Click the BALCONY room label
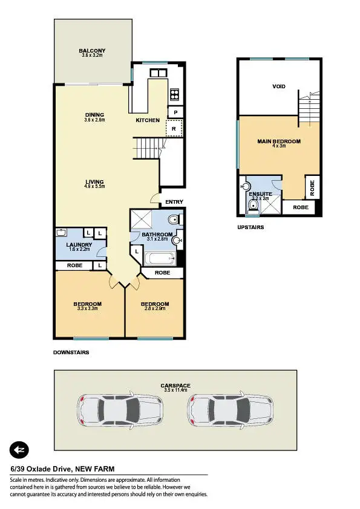pos(93,51)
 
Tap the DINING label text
pos(94,115)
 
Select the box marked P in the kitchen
pos(175,112)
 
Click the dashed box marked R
pos(174,128)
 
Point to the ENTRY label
pos(174,203)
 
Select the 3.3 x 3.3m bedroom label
pos(87,304)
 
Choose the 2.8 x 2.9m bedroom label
pos(154,304)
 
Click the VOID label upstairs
pos(279,86)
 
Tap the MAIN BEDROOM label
pos(279,141)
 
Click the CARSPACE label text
pos(176,385)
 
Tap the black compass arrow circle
pos(19,450)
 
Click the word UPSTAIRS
pos(250,228)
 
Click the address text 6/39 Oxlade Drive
pos(42,468)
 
